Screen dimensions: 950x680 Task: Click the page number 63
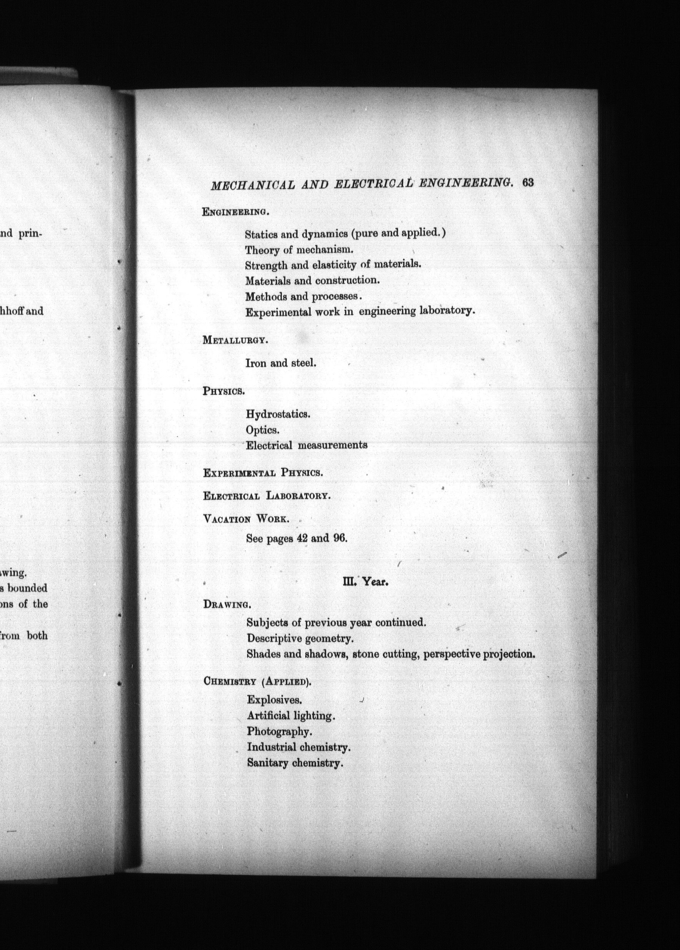[x=528, y=183]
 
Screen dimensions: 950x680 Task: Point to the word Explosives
[x=274, y=699]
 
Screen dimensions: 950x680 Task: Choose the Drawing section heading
[x=227, y=604]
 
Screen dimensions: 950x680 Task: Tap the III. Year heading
[x=365, y=581]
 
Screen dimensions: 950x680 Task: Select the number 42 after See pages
[x=302, y=538]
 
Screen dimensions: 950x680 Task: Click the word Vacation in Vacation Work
[x=227, y=519]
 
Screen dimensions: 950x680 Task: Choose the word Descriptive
[x=274, y=638]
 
